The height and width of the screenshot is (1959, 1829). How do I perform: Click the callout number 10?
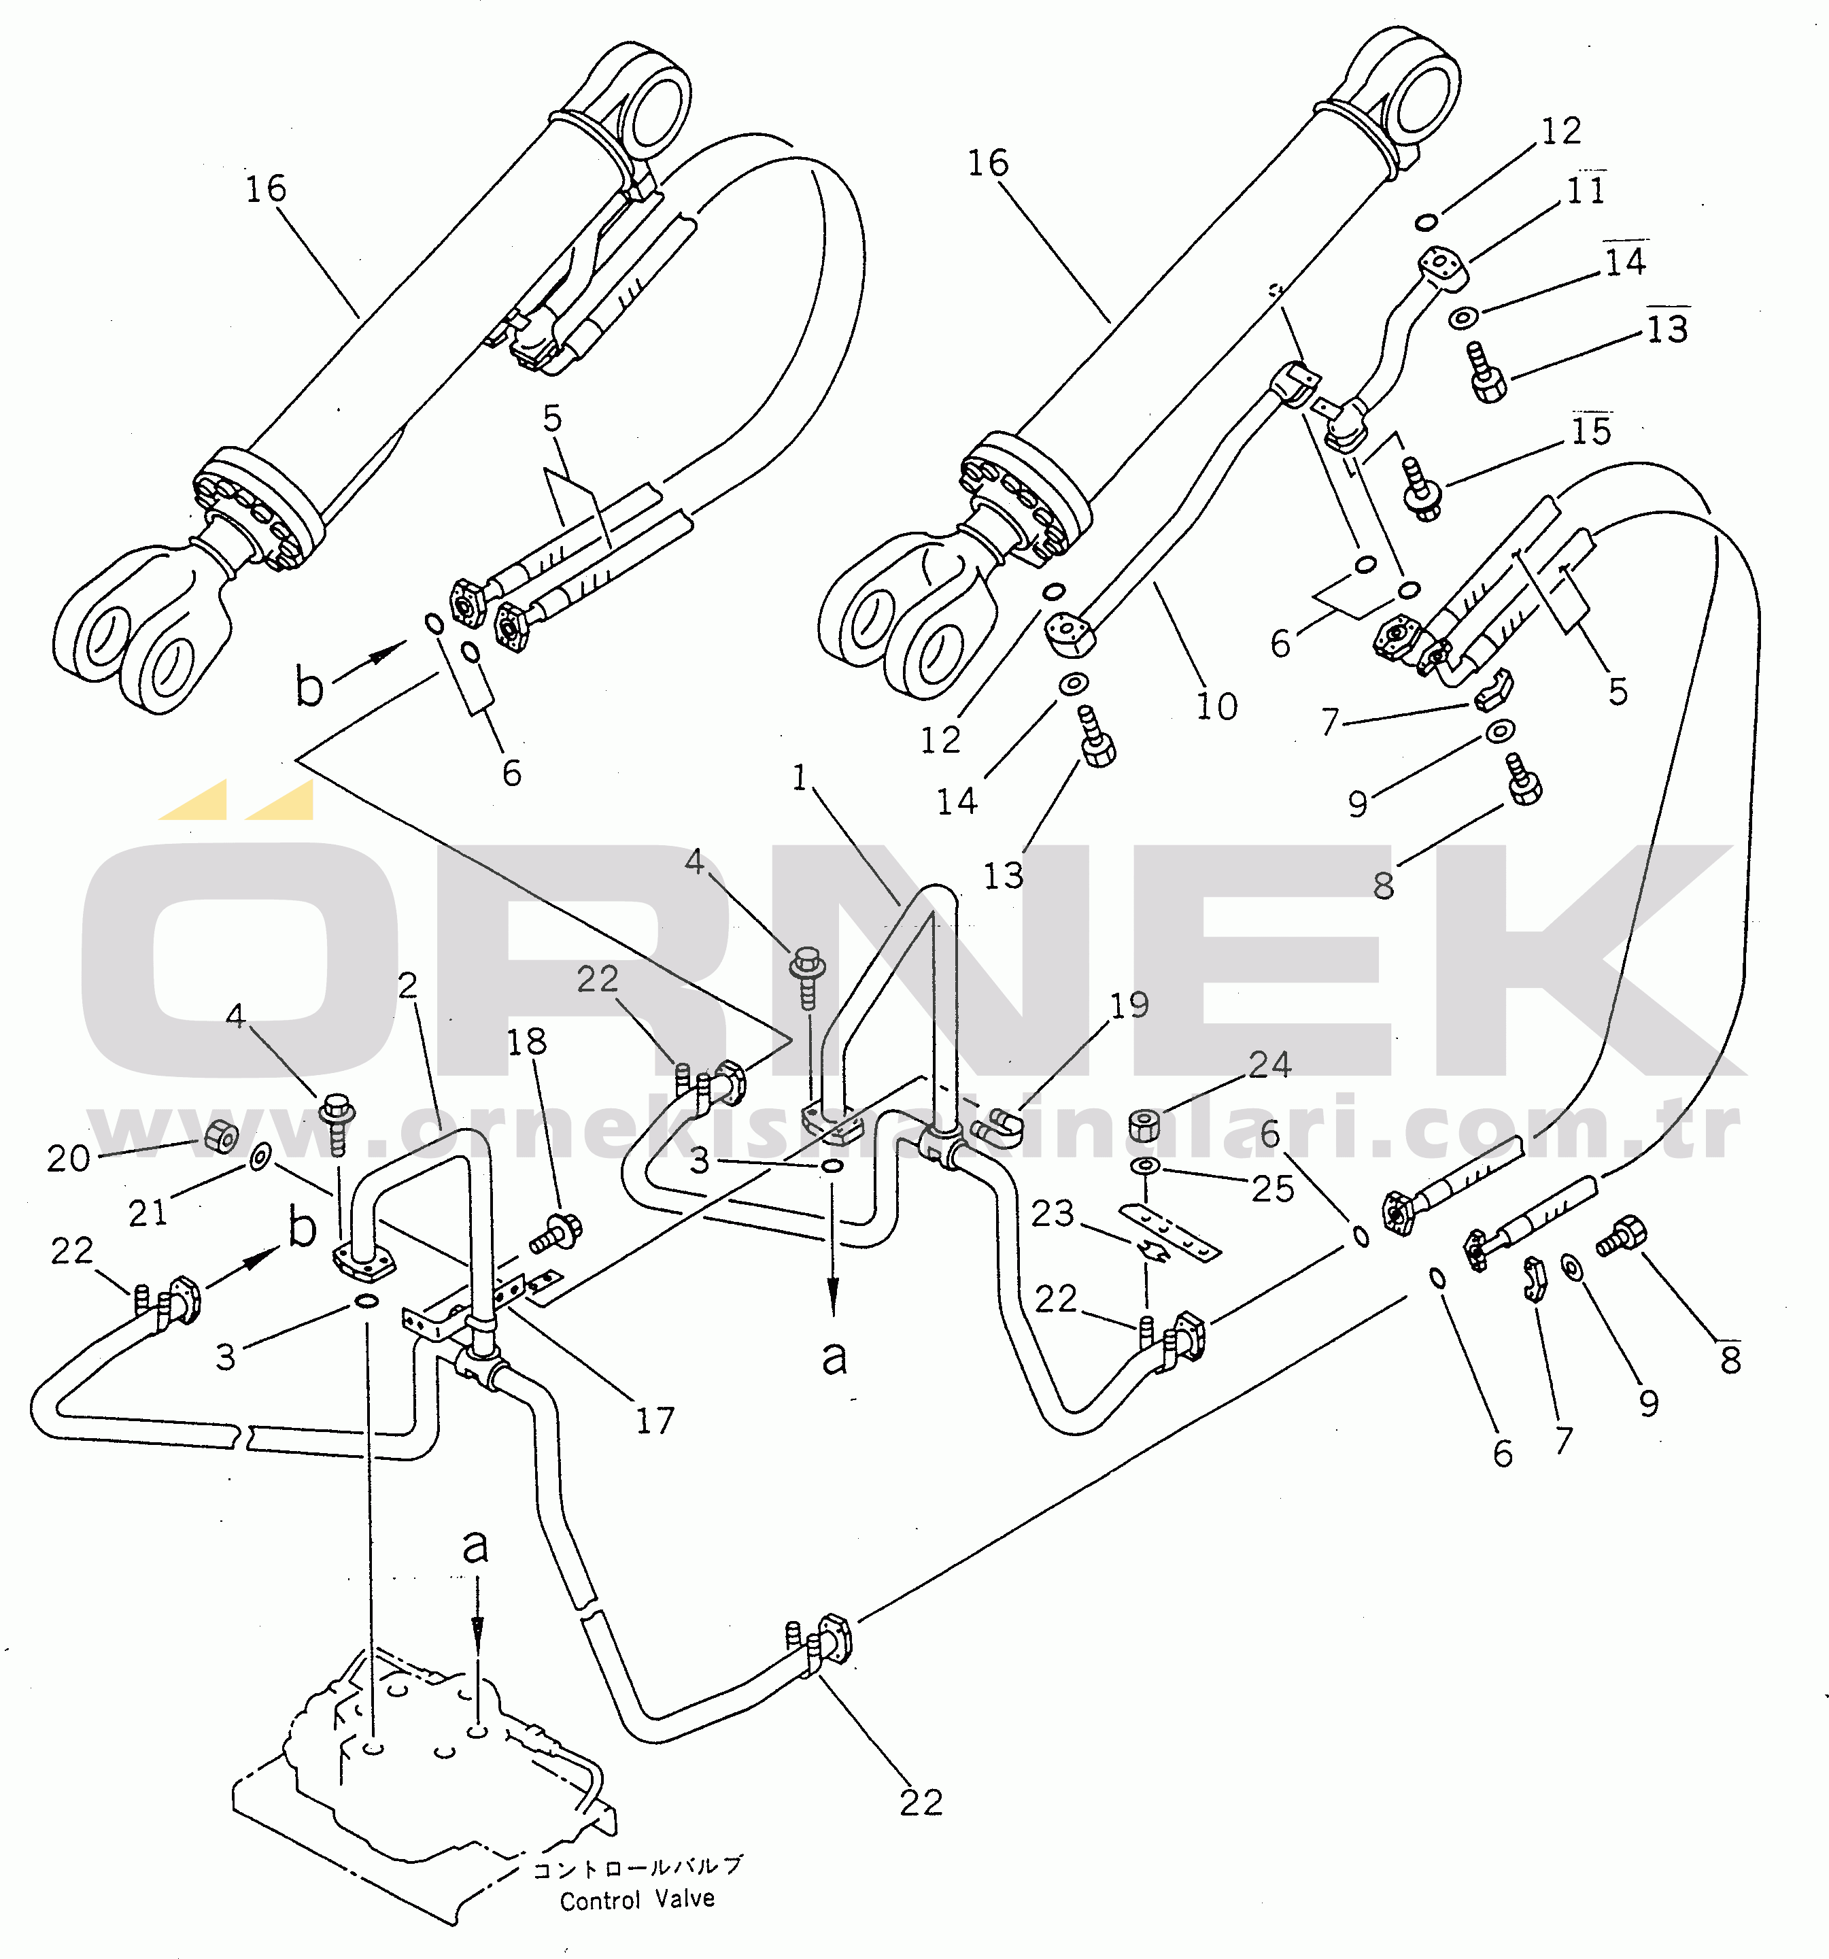[1216, 706]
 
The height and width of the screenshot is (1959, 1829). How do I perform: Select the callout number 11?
[1586, 190]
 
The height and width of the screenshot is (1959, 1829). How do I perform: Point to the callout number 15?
[1590, 430]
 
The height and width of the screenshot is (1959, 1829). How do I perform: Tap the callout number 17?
[654, 1421]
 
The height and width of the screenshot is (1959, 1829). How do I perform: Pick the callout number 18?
[526, 1042]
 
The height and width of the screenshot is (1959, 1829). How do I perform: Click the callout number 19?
[1129, 1005]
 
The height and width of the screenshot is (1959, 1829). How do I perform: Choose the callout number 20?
[68, 1159]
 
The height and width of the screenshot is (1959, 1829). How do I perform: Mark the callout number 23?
[1051, 1213]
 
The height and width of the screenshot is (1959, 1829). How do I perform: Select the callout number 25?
[1271, 1189]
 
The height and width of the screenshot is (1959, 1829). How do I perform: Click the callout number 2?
[408, 985]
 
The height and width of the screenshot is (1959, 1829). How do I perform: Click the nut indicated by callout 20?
[222, 1138]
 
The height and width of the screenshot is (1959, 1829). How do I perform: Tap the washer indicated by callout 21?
[260, 1157]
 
